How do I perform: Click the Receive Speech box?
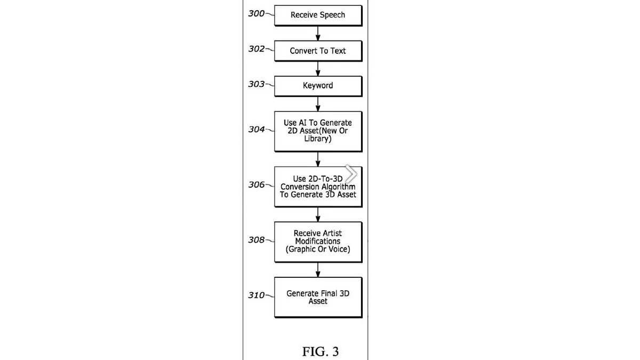tap(318, 15)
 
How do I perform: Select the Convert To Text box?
tap(318, 51)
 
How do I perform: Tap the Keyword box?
tap(318, 86)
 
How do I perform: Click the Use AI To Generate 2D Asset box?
tap(318, 131)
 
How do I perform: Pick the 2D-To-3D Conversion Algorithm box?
tap(318, 187)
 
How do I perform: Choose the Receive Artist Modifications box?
tap(318, 242)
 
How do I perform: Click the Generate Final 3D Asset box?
tap(318, 297)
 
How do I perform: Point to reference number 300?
tap(257, 13)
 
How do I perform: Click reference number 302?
tap(257, 49)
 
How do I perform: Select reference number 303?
tap(257, 84)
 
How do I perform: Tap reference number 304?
tap(257, 129)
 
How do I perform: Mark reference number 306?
tap(257, 185)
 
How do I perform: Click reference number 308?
tap(257, 240)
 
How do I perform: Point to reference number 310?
tap(257, 295)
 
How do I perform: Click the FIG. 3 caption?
tap(320, 351)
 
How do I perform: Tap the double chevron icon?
tap(350, 173)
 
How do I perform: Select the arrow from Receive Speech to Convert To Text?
tap(318, 34)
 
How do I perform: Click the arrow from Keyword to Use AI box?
tap(318, 104)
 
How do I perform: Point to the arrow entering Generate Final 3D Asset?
tap(318, 269)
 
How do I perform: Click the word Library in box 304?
tap(318, 139)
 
